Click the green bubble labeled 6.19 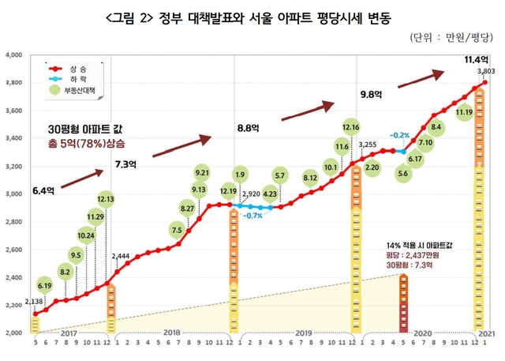(45, 286)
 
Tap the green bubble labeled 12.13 (105, 198)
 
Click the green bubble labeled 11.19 (464, 113)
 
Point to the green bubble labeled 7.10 (425, 143)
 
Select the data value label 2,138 (34, 301)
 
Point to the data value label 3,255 (368, 145)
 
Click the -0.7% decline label (252, 216)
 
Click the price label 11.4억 (476, 59)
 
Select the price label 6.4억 (45, 190)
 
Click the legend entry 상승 (76, 69)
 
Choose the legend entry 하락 (76, 81)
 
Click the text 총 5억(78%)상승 (86, 144)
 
